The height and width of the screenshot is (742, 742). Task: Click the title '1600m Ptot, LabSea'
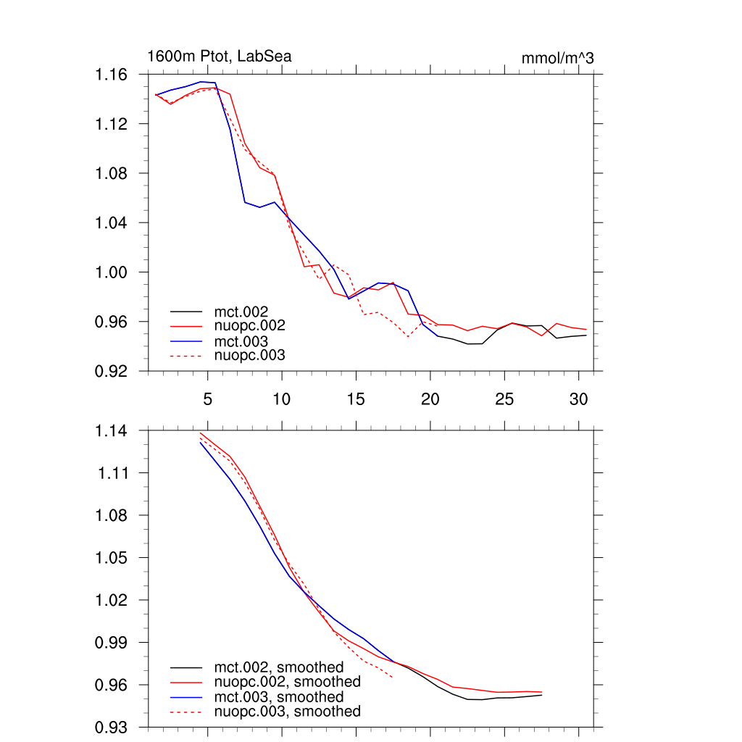point(220,56)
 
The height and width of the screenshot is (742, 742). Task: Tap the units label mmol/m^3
point(557,58)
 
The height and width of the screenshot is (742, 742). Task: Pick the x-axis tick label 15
point(356,399)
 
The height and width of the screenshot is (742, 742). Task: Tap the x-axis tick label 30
point(578,399)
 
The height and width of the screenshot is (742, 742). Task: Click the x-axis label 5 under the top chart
point(208,399)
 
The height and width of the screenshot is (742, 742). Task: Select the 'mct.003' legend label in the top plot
point(246,341)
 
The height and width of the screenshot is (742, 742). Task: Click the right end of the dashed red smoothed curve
point(393,678)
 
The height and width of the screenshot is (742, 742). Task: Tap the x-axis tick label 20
point(430,399)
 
